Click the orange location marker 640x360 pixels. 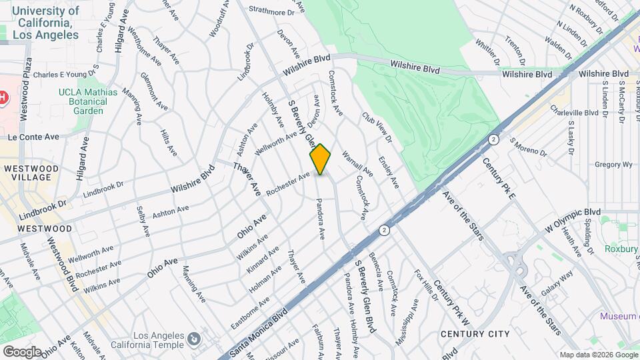tap(321, 160)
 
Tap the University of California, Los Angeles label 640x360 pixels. tap(45, 22)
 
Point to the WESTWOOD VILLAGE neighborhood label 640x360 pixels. tap(30, 173)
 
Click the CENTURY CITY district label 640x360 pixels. tap(475, 334)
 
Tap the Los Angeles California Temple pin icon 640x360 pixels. tap(193, 340)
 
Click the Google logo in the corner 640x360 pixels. tap(21, 351)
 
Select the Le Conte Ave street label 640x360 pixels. tap(33, 137)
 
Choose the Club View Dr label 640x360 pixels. tap(377, 126)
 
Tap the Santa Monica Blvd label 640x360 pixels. tap(258, 331)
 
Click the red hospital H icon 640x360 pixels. tap(3, 98)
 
